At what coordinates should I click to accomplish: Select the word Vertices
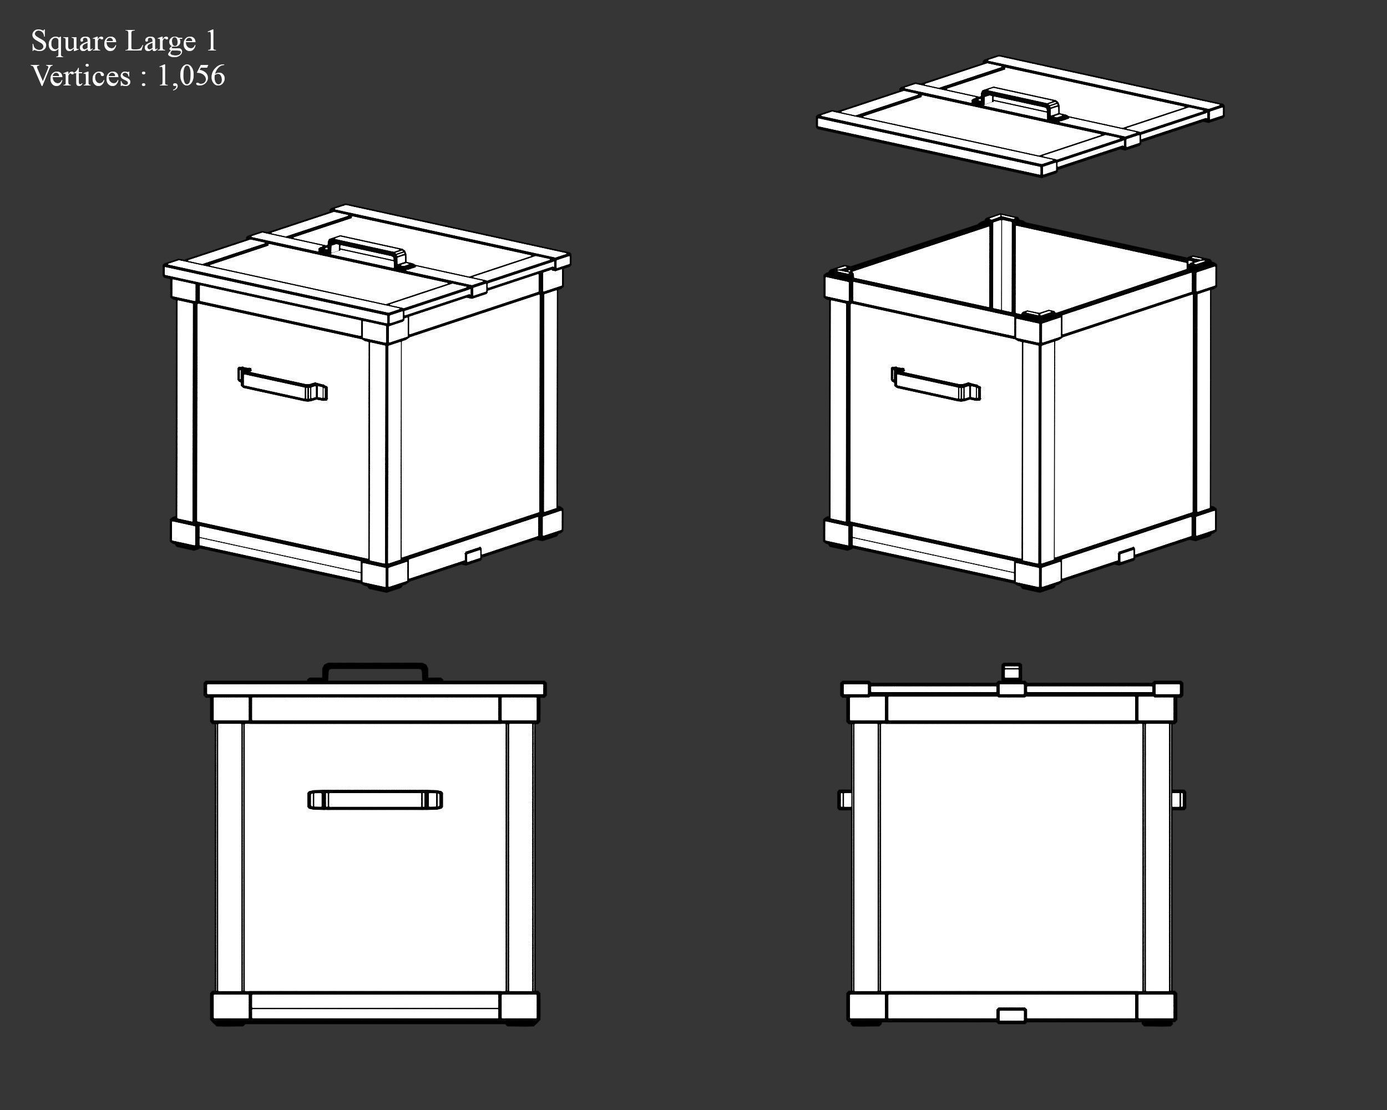pyautogui.click(x=81, y=76)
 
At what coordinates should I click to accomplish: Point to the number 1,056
pyautogui.click(x=191, y=76)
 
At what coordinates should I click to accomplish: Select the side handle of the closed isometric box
pyautogui.click(x=282, y=384)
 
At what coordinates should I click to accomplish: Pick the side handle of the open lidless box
pyautogui.click(x=936, y=384)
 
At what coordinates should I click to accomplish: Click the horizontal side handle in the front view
pyautogui.click(x=375, y=799)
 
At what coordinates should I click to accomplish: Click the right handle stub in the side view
pyautogui.click(x=1178, y=800)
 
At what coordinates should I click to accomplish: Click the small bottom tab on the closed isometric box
pyautogui.click(x=473, y=554)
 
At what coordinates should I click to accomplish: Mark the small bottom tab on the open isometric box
pyautogui.click(x=1126, y=554)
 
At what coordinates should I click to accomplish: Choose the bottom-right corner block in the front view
pyautogui.click(x=519, y=1008)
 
